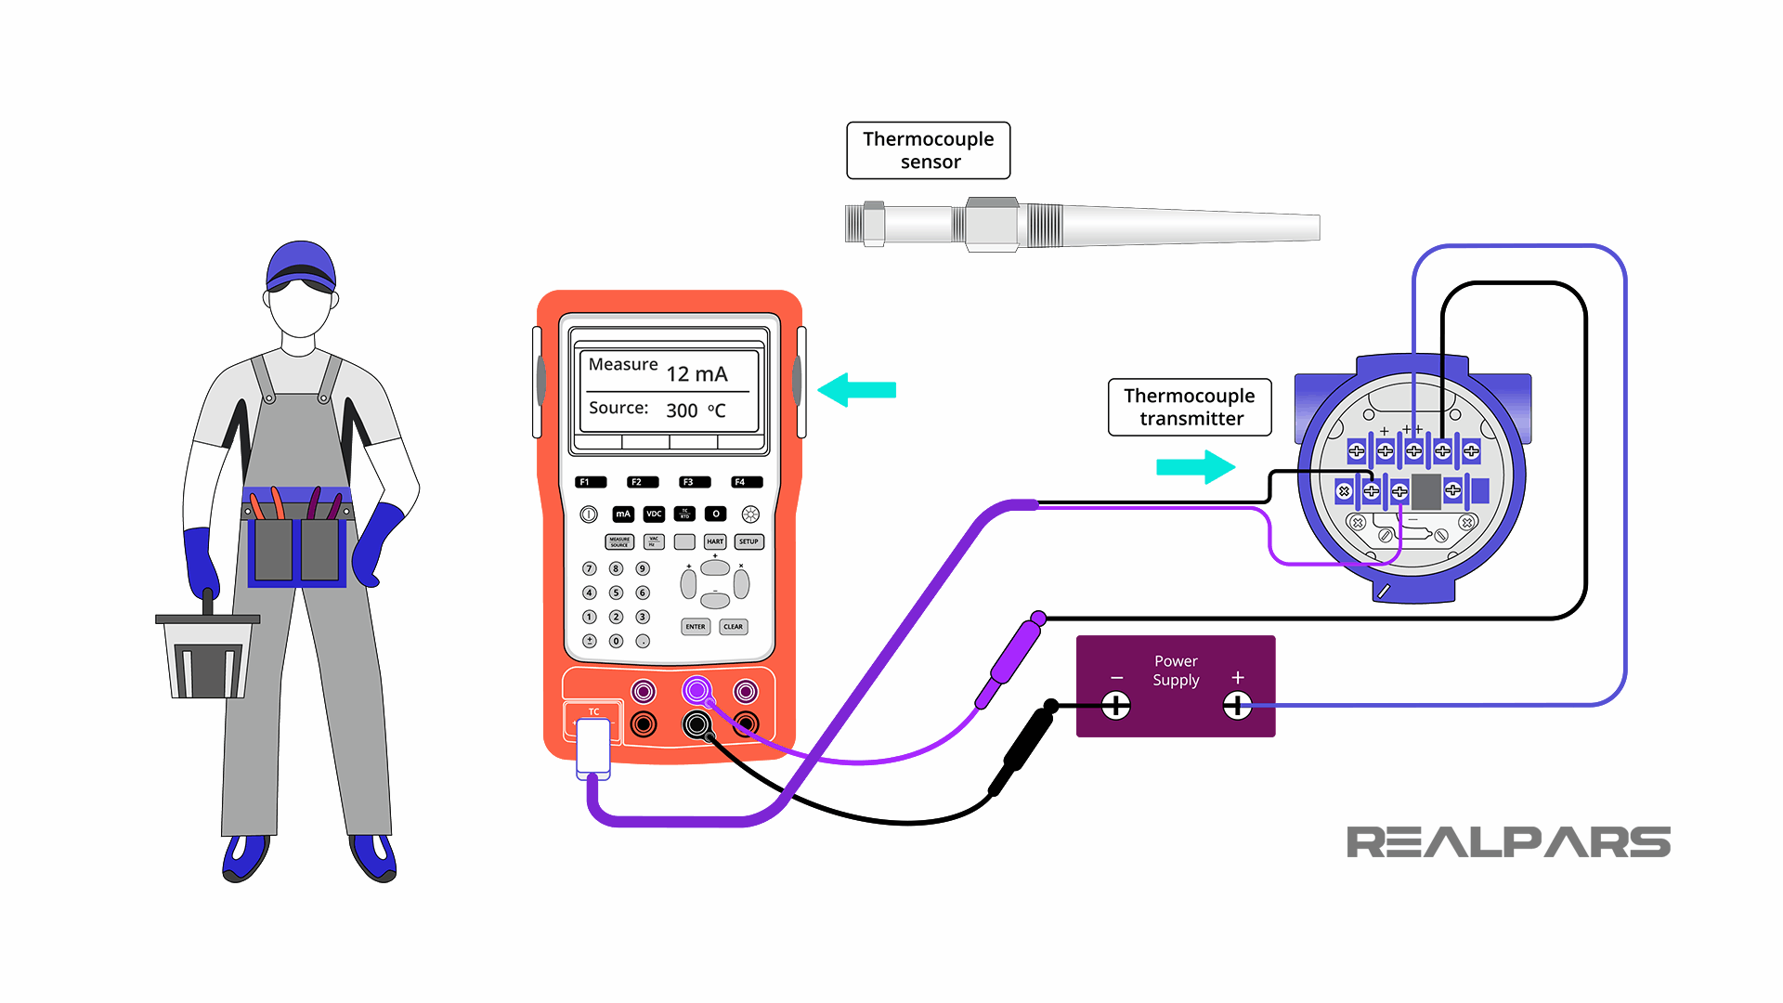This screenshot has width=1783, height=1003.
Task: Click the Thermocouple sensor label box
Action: [928, 150]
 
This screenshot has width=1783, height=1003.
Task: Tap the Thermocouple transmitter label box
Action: [1189, 407]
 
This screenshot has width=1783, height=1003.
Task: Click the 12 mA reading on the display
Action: [696, 373]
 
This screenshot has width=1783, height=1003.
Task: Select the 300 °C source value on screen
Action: [695, 410]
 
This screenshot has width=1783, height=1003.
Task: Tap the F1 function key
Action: [591, 482]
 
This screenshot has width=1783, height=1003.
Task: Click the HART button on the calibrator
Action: [714, 541]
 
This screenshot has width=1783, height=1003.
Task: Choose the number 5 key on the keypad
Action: [616, 593]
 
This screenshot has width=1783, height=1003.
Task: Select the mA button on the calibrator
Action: [623, 514]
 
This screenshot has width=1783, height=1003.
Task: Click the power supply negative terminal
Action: [1115, 706]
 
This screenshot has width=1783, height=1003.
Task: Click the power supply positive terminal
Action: [1237, 706]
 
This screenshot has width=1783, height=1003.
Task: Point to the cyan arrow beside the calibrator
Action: [857, 390]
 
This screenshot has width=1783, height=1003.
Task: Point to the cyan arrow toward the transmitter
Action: [1196, 466]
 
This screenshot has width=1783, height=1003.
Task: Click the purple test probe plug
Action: [1010, 661]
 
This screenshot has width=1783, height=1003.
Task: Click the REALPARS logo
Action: [1508, 842]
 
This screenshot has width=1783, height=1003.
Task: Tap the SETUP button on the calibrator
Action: [748, 541]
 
